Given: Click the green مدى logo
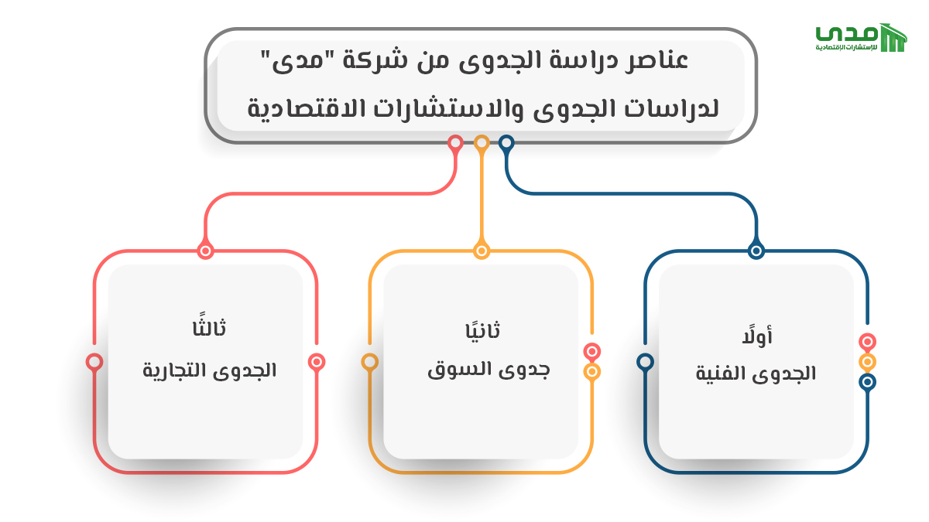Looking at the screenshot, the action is [861, 37].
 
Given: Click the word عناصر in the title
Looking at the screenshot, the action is [656, 61].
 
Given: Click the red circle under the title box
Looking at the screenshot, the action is [455, 143].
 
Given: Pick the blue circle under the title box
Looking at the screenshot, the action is [506, 143].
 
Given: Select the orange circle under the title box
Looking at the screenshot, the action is [482, 143].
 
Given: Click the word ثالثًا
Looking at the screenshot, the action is [209, 326].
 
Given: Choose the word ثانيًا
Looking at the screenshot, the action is [482, 329].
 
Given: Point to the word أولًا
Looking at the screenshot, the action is [757, 336].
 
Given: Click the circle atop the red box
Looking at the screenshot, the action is [205, 251].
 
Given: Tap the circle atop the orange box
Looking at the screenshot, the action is [482, 251].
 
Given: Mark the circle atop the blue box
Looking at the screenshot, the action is [756, 251].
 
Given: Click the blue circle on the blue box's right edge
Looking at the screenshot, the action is [867, 381].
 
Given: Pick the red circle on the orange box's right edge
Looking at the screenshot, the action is [591, 352].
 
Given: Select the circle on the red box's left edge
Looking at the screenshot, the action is [94, 362].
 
